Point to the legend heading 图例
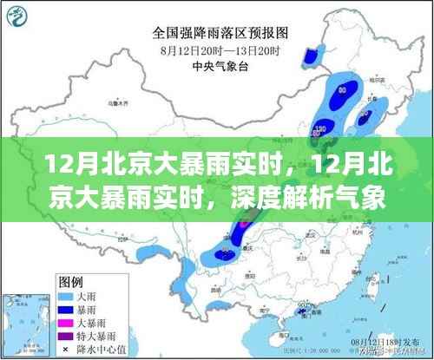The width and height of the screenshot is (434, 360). [x=70, y=282]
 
